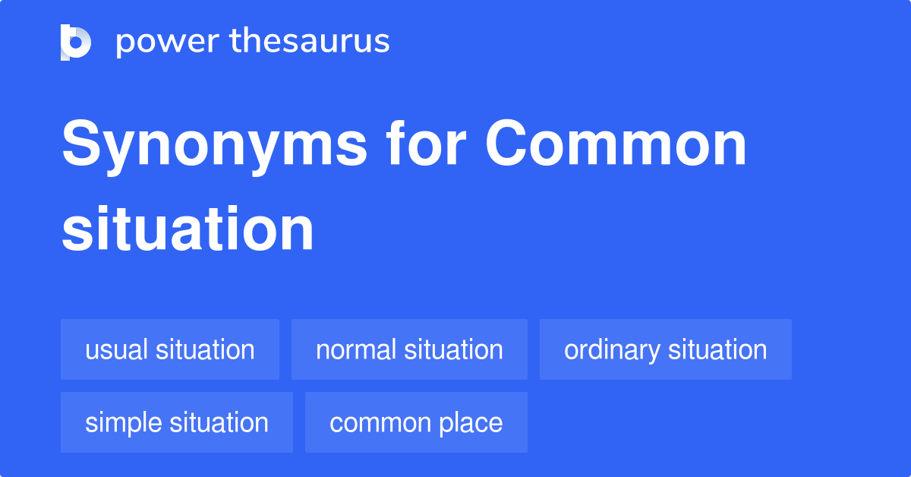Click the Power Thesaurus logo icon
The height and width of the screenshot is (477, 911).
tap(75, 43)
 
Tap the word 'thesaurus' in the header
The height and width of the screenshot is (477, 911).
tap(310, 42)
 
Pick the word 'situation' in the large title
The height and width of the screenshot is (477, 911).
tap(188, 229)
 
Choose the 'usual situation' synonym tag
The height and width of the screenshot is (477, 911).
tap(170, 349)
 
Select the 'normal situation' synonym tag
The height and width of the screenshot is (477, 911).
tap(409, 349)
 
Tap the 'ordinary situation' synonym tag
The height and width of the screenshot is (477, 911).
tap(665, 349)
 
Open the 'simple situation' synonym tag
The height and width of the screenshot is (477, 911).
tap(177, 422)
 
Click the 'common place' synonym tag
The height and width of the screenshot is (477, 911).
tap(416, 422)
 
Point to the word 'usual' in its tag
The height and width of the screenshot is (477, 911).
tap(117, 349)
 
